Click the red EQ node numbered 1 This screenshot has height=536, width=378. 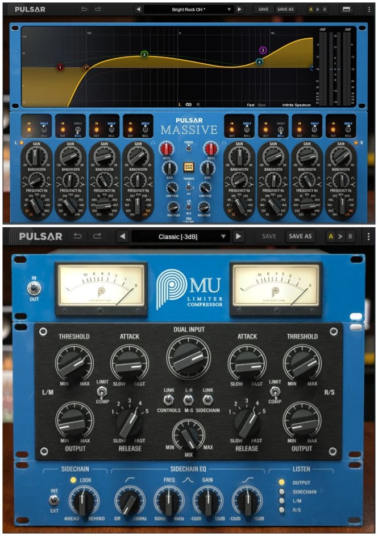[x=60, y=67]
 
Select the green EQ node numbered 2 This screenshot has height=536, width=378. [x=144, y=55]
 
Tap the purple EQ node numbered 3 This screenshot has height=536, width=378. [x=263, y=51]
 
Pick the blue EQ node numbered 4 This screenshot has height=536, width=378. [x=259, y=62]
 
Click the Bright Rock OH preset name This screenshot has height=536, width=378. [x=189, y=10]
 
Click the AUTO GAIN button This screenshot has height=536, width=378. [x=189, y=167]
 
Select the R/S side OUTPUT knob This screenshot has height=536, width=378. [x=301, y=421]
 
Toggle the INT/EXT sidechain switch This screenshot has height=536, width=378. [x=54, y=501]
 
